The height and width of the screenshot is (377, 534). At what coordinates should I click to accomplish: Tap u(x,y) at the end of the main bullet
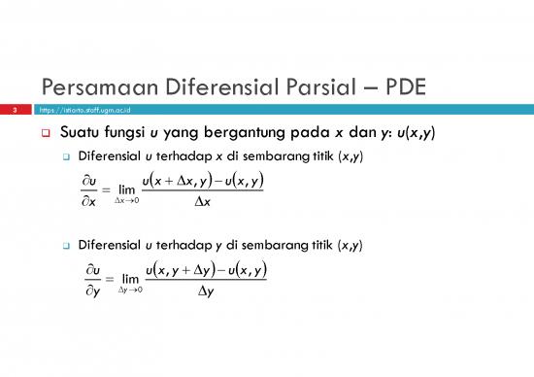(x=413, y=133)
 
